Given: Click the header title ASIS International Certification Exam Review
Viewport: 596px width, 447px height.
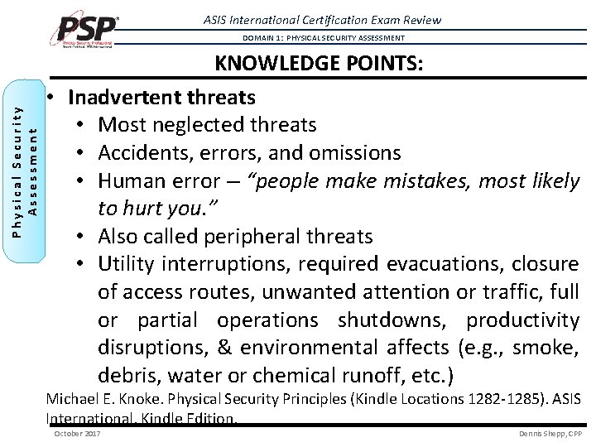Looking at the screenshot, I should click(358, 19).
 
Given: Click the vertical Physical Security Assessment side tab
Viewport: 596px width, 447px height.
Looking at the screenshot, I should click(28, 169).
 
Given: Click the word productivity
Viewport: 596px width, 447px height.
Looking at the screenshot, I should click(522, 320).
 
